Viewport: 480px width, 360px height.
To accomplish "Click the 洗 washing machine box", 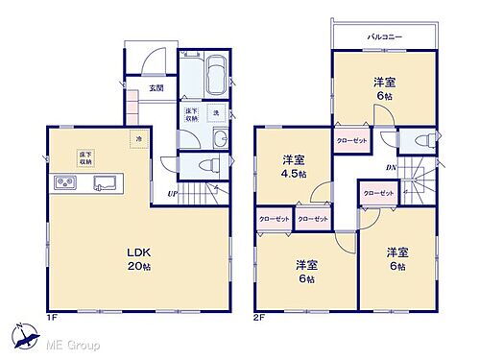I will point(216,112).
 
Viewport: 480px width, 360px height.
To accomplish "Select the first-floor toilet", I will point(202,165).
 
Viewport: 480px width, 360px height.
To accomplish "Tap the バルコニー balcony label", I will point(383,36).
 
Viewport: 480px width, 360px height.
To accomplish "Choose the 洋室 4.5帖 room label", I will point(294,165).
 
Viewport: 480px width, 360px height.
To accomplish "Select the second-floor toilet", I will point(420,140).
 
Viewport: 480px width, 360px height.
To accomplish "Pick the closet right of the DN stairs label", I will point(378,193).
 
